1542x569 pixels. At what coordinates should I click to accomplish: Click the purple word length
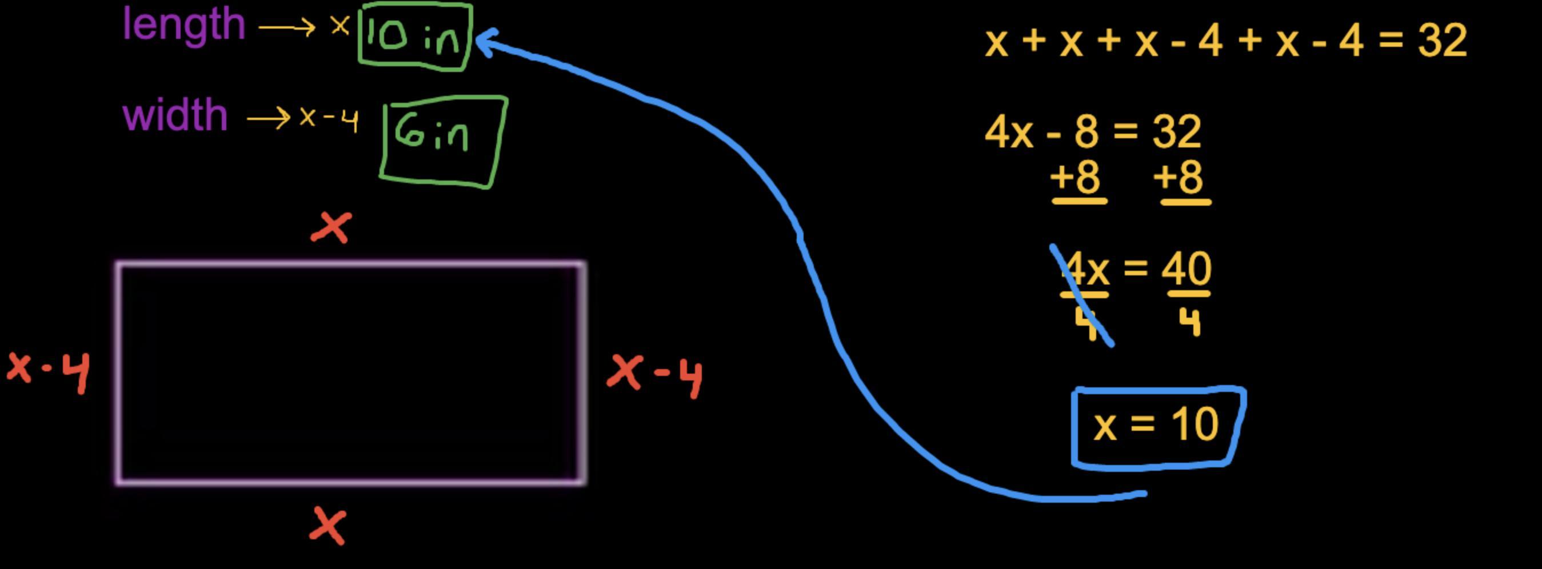click(184, 25)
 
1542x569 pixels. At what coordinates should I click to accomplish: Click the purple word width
click(175, 115)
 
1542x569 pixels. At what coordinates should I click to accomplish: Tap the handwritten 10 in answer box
click(414, 37)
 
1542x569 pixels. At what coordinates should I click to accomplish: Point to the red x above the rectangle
click(331, 228)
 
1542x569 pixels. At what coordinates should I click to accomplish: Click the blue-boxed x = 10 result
click(1156, 426)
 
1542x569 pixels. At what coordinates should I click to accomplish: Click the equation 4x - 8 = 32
click(1092, 131)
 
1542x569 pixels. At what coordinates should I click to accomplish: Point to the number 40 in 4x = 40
click(1187, 269)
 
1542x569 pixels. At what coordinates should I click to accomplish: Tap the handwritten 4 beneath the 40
click(1189, 323)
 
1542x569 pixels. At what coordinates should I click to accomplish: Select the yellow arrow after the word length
click(287, 27)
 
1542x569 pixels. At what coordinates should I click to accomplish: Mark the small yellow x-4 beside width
click(329, 118)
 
